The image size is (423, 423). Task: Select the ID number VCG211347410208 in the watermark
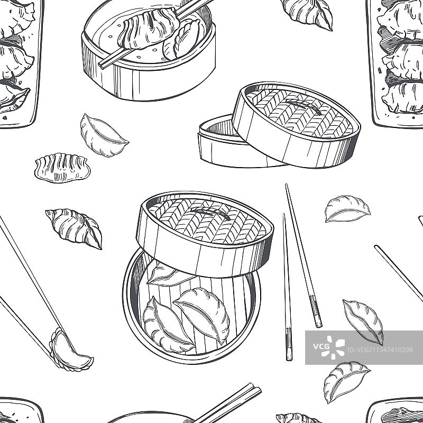point(380,350)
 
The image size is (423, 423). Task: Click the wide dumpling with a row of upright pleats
point(62,168)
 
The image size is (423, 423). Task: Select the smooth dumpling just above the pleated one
point(103,135)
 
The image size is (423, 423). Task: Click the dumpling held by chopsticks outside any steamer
point(71,350)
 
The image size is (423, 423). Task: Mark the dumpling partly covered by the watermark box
point(363,321)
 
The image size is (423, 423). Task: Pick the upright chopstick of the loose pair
point(287,287)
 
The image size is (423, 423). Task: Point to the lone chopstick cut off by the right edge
point(399,273)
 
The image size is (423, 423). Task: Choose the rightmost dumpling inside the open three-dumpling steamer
point(203,315)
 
